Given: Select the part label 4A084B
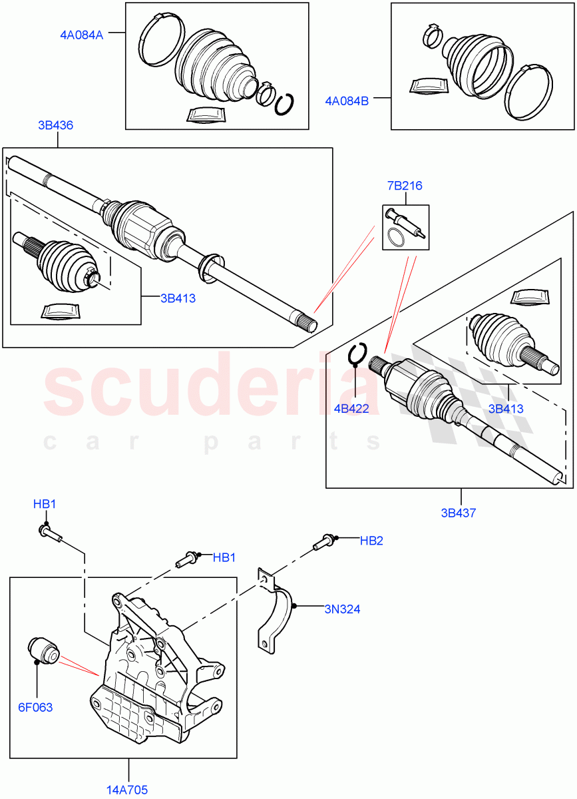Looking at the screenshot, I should pos(347,101).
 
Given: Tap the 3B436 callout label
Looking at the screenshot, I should pos(56,125).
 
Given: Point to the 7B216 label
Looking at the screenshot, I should pos(405,186).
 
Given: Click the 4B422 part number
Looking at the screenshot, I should pos(351,409).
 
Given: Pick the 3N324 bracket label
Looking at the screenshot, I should pos(342,609).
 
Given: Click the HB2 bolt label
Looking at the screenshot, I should pos(371,541).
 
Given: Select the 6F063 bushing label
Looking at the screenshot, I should pos(36,707).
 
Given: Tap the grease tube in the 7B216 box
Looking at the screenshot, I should pos(406,222).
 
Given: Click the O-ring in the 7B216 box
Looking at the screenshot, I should pos(396,237).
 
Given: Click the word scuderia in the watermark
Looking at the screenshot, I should pos(213,390).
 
